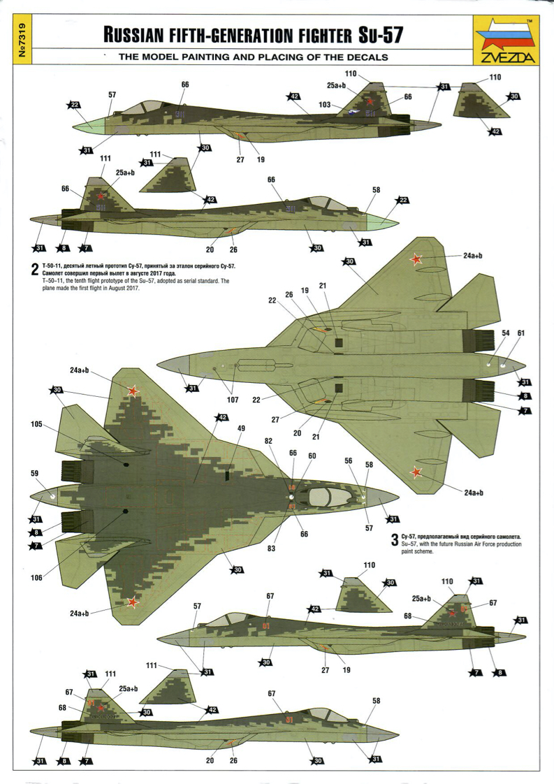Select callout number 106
[x=36, y=577]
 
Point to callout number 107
[x=232, y=400]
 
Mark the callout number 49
[x=241, y=428]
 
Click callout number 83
[x=271, y=548]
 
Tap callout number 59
[x=35, y=474]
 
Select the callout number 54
[x=505, y=333]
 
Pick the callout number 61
[x=520, y=333]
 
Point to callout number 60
[x=312, y=456]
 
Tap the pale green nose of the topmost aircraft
[x=88, y=126]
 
